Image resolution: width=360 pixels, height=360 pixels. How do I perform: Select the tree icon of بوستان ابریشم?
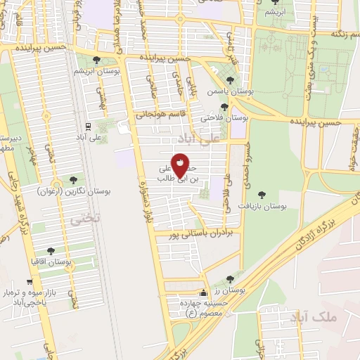[96, 60]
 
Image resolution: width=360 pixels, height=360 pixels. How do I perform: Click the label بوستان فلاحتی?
[221, 117]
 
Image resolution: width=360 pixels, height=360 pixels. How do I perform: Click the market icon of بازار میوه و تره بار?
[30, 282]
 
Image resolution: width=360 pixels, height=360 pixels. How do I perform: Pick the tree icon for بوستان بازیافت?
[262, 195]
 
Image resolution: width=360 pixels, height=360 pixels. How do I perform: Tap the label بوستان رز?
[229, 290]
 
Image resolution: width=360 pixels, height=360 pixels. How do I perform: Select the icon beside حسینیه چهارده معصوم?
[205, 292]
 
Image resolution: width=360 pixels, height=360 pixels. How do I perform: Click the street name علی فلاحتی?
[226, 195]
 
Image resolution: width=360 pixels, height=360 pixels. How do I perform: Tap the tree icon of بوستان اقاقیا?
[51, 250]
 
